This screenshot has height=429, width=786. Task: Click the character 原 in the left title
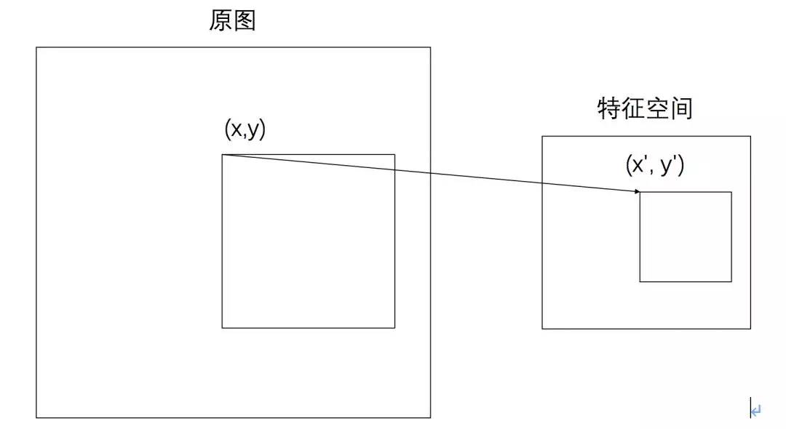221,21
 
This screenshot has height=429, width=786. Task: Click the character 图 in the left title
245,21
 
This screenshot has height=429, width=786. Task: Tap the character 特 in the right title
608,109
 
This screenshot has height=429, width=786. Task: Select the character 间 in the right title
680,109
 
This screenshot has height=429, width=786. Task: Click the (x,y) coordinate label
246,130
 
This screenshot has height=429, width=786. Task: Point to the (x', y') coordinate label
654,165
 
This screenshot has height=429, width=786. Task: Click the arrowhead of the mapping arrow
638,192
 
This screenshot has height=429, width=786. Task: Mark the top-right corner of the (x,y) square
394,154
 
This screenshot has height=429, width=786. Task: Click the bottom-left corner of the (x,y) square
222,328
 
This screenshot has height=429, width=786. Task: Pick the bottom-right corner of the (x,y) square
394,328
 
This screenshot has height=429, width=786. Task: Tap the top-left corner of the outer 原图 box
36,47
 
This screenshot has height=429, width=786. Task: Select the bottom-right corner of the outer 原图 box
430,417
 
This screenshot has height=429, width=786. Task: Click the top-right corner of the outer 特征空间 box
750,136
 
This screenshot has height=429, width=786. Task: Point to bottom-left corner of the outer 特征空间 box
542,329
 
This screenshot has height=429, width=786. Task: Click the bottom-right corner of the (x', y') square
731,281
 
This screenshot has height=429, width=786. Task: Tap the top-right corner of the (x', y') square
731,192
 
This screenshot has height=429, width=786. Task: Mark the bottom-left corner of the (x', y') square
640,281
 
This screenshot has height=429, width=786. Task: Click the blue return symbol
755,411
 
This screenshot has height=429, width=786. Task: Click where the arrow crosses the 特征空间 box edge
542,183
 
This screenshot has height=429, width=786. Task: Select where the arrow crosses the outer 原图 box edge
430,173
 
